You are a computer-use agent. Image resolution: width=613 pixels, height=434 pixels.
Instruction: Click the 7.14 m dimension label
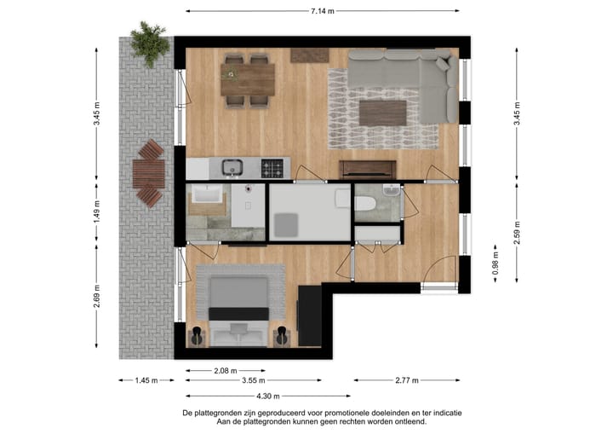coord(322,11)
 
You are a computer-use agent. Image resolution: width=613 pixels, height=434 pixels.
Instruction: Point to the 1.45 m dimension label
coord(146,381)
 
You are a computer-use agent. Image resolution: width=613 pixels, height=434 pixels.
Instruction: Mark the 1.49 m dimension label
coord(96,210)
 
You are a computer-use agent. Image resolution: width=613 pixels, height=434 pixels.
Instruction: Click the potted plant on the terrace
coord(150,42)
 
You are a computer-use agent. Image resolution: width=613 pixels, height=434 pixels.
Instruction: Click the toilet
coord(364,203)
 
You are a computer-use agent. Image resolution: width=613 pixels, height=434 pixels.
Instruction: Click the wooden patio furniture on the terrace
coord(149,174)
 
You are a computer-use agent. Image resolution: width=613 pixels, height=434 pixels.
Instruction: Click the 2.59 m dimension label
coord(517,230)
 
